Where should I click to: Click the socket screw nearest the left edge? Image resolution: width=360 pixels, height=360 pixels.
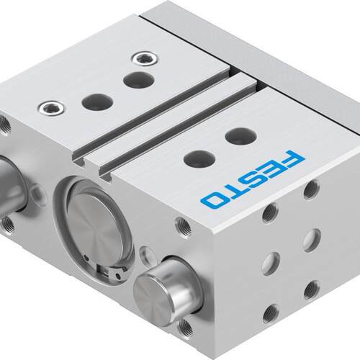point(52,108)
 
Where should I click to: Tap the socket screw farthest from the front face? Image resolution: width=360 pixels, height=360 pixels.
point(145,59)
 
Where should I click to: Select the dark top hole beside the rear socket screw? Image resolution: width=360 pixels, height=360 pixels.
point(138,80)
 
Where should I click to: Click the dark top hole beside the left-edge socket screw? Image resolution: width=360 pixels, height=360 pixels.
point(97,102)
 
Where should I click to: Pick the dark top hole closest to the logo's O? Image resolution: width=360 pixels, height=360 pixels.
point(199,159)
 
